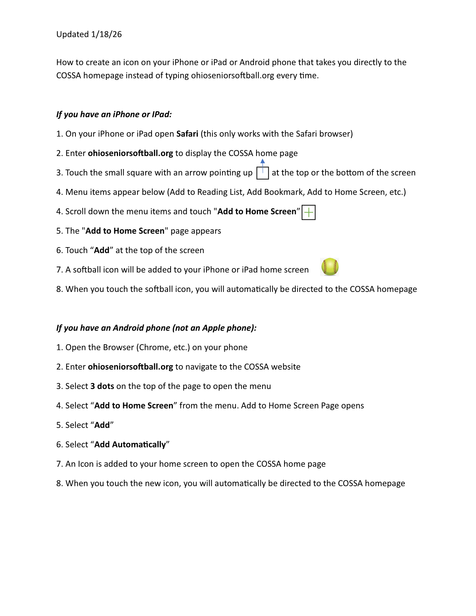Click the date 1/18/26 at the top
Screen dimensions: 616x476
click(x=106, y=34)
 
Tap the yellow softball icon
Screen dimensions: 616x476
click(x=330, y=267)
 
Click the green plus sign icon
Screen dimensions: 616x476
click(x=308, y=212)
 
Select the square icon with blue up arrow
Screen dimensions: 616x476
click(x=263, y=172)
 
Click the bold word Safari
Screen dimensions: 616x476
click(x=187, y=134)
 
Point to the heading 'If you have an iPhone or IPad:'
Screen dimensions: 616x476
click(x=114, y=114)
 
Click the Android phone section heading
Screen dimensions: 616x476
click(x=156, y=328)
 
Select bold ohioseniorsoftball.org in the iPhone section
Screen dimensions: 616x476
click(x=130, y=153)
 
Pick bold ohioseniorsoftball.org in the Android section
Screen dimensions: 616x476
click(x=130, y=367)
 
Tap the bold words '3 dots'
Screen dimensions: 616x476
click(x=102, y=386)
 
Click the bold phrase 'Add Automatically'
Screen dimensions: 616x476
click(x=130, y=444)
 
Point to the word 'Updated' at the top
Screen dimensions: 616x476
click(x=72, y=34)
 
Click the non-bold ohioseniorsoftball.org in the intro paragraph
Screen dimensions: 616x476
click(x=233, y=75)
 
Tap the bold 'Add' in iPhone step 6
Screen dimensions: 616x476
click(x=102, y=250)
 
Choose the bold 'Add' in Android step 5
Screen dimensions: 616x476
click(x=102, y=425)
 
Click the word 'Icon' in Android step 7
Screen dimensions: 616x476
click(x=85, y=464)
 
